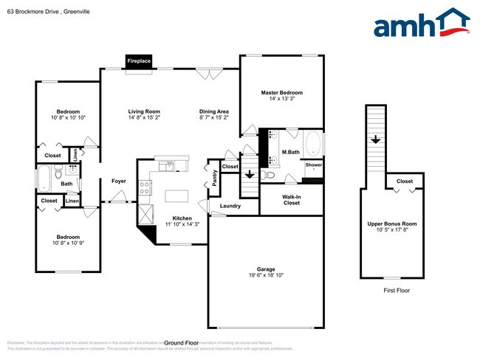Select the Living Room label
tap(144, 111)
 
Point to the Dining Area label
tap(213, 111)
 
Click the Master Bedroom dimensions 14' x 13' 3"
tap(281, 98)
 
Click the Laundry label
tap(230, 206)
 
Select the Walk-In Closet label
tap(291, 199)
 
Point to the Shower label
tap(313, 165)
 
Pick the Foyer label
tap(118, 181)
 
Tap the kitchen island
tap(176, 196)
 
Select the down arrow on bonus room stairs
tap(375, 139)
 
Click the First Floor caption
tap(396, 291)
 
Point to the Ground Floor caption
tap(182, 343)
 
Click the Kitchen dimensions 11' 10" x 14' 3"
tap(182, 224)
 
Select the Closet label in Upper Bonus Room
tap(405, 181)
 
